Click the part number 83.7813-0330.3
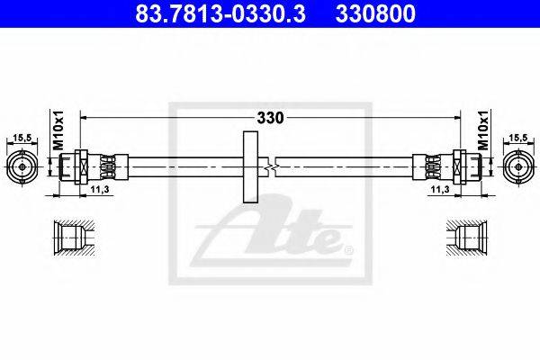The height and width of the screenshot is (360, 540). pyautogui.click(x=220, y=13)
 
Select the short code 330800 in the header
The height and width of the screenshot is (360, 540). pyautogui.click(x=375, y=13)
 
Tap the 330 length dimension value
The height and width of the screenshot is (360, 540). pyautogui.click(x=270, y=118)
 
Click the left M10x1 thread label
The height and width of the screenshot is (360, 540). pyautogui.click(x=58, y=130)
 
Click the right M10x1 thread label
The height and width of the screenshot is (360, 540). pyautogui.click(x=483, y=130)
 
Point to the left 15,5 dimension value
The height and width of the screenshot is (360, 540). pyautogui.click(x=22, y=138)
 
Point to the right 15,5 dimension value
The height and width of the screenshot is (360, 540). pyautogui.click(x=518, y=138)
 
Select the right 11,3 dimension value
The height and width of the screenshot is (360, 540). pyautogui.click(x=440, y=189)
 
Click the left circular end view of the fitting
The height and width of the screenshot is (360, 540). pyautogui.click(x=22, y=167)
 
